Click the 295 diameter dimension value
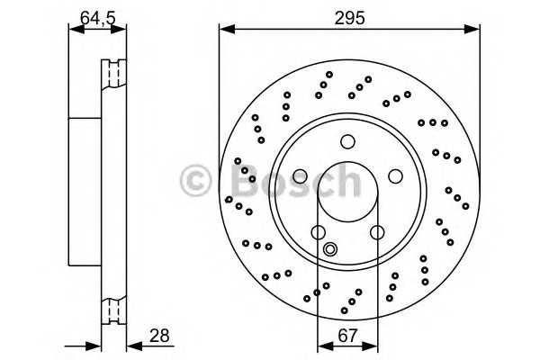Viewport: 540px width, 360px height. (x=349, y=18)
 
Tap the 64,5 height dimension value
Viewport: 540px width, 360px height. (x=97, y=18)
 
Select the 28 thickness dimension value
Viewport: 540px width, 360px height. (x=159, y=335)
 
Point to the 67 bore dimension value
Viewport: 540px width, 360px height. (x=347, y=335)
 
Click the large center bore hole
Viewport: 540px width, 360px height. (x=347, y=192)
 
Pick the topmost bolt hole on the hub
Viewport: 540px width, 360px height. (x=347, y=141)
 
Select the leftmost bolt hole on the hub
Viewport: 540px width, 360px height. (x=300, y=176)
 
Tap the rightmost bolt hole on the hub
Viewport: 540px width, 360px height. (x=395, y=176)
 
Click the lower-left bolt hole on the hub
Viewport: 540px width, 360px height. (x=319, y=232)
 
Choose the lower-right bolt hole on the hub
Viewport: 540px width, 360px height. (x=377, y=232)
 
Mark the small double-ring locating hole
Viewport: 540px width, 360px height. (x=330, y=248)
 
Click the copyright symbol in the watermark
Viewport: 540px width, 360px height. (x=195, y=180)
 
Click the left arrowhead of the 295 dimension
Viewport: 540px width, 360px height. (x=227, y=30)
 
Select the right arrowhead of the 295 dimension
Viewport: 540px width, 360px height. (x=472, y=30)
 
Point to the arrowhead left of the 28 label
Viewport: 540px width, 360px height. (x=135, y=346)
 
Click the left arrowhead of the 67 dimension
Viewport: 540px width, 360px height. (x=326, y=346)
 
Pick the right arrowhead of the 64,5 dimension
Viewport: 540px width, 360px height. (x=119, y=30)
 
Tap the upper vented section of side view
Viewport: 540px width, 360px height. (x=114, y=73)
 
